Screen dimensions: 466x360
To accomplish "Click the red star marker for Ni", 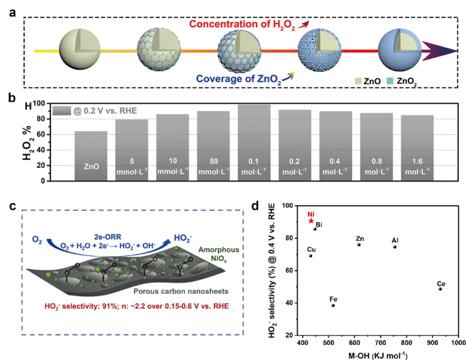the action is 311,221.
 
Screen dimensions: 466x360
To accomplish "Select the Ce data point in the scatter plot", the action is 440,289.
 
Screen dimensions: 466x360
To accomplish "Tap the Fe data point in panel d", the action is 333,305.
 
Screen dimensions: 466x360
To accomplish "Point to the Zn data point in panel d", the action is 359,245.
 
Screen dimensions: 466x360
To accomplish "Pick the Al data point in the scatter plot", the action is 395,247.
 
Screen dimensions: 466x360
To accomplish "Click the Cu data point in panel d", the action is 310,255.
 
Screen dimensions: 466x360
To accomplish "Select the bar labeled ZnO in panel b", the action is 91,156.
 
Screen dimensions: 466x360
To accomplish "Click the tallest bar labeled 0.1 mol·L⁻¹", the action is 254,143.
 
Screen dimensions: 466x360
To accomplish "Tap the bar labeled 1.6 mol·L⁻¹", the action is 417,148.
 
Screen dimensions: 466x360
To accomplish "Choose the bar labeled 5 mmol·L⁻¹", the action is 132,150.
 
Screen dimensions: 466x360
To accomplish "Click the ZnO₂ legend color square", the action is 389,81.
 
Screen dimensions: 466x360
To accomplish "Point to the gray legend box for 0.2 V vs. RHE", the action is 62,111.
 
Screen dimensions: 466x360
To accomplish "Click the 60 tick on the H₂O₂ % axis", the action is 41,135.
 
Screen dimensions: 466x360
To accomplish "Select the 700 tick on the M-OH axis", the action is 381,343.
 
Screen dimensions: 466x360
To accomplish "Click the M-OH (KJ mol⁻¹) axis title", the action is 378,355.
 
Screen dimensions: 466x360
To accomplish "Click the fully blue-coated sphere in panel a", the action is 399,49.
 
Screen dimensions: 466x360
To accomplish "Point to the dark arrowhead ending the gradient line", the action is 439,51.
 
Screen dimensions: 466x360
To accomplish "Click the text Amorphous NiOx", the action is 219,254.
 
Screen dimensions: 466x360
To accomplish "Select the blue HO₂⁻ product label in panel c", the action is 183,238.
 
